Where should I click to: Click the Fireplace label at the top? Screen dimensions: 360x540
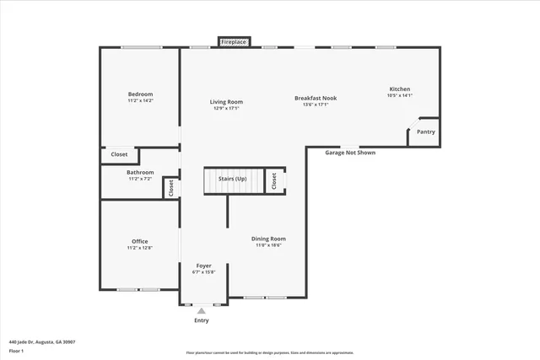[234, 41]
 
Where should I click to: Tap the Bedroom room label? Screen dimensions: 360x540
[140, 94]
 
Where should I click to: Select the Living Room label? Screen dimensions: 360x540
[226, 102]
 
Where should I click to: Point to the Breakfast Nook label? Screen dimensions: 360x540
[316, 99]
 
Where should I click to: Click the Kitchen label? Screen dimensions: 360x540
[399, 89]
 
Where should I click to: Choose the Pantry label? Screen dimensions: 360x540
[426, 132]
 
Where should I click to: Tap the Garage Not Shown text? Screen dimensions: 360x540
[350, 153]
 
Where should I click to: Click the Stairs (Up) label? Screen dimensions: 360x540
[232, 180]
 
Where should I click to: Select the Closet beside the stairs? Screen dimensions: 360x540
[274, 180]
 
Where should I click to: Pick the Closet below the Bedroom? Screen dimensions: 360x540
[119, 154]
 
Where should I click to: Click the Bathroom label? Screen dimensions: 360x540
[140, 172]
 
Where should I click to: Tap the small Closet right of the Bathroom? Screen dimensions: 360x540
[170, 188]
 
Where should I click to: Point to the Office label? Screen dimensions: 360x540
[139, 241]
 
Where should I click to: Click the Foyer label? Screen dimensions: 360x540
[203, 266]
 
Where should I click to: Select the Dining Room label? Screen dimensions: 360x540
[268, 239]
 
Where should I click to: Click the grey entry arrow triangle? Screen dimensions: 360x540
[202, 311]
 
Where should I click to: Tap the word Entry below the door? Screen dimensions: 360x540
[202, 320]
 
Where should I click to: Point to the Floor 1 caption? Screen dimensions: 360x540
[16, 351]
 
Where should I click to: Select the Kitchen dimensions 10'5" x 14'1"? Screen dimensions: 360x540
[399, 96]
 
